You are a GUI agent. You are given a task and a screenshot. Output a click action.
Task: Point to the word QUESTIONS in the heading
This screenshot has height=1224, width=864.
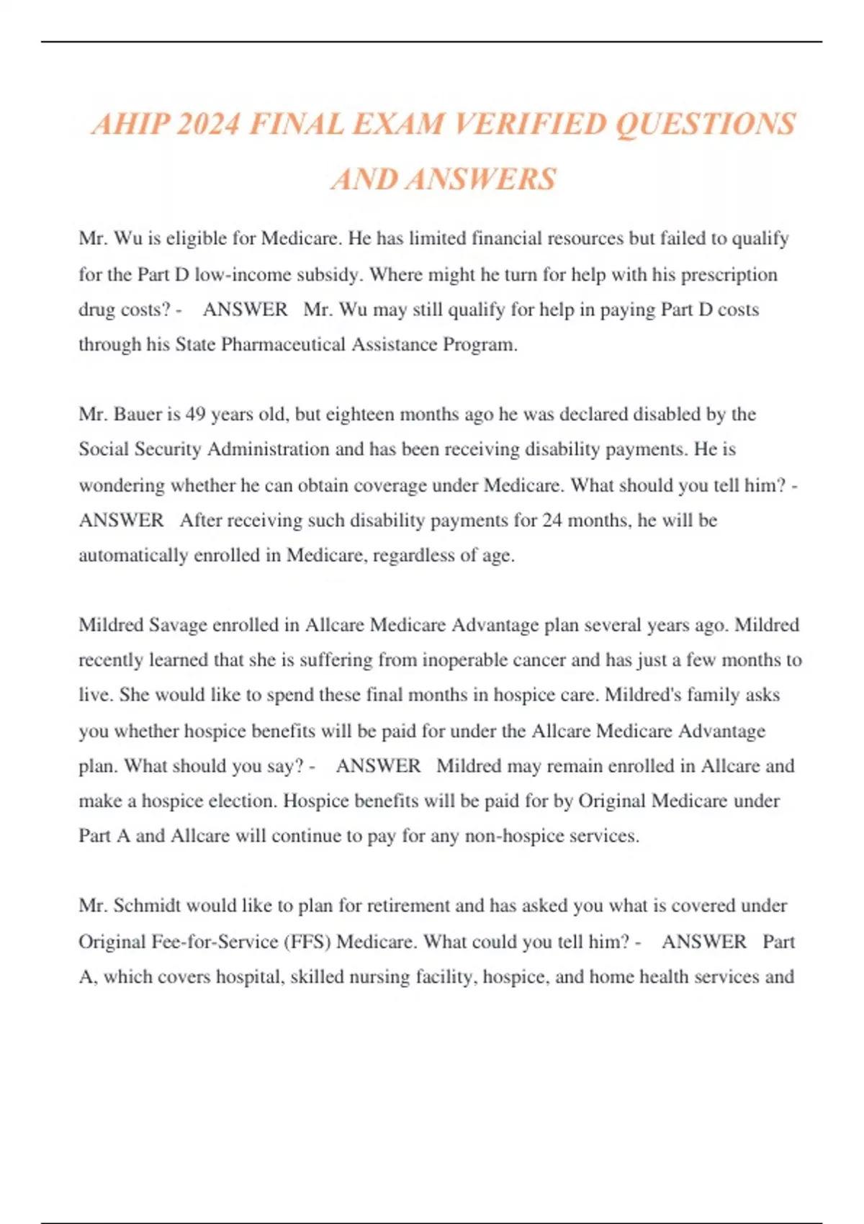(706, 125)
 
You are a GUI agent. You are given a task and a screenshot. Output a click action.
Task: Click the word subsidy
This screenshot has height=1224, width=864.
(330, 274)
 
